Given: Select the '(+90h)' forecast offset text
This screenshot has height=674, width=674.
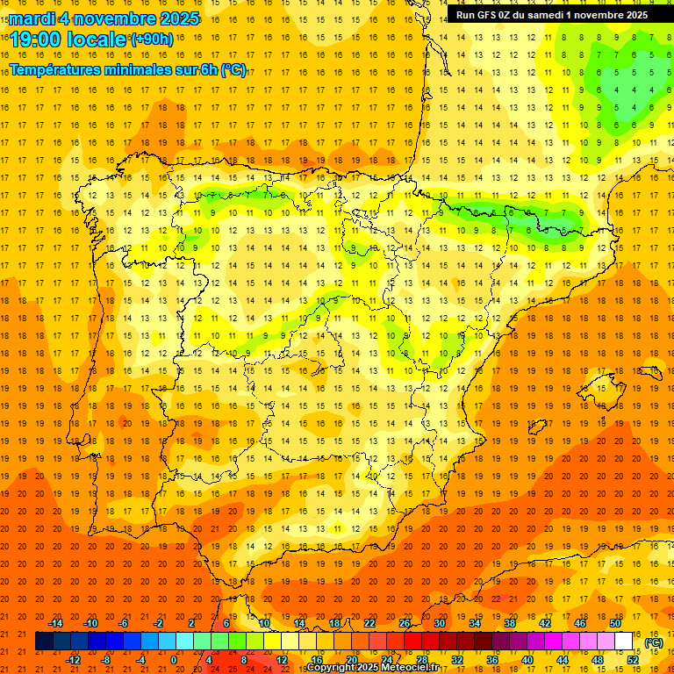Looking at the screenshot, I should (152, 39).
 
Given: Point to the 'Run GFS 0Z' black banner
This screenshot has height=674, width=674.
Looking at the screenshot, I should (552, 14).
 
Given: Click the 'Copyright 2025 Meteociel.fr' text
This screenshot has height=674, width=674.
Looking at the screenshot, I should (372, 668).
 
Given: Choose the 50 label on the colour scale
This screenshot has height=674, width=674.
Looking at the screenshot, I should (615, 623).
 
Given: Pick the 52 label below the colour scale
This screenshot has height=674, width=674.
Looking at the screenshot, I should (633, 660).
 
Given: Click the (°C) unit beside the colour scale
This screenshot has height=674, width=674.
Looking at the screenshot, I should (654, 642).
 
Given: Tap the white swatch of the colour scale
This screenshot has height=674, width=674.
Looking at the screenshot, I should (624, 642).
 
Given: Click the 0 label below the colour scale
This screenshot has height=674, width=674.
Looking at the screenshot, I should (174, 660).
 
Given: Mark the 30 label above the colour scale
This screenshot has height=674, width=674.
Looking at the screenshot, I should (440, 623).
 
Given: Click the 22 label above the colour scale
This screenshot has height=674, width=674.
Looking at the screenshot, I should (369, 623).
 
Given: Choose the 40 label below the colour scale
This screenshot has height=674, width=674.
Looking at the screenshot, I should (527, 660).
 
